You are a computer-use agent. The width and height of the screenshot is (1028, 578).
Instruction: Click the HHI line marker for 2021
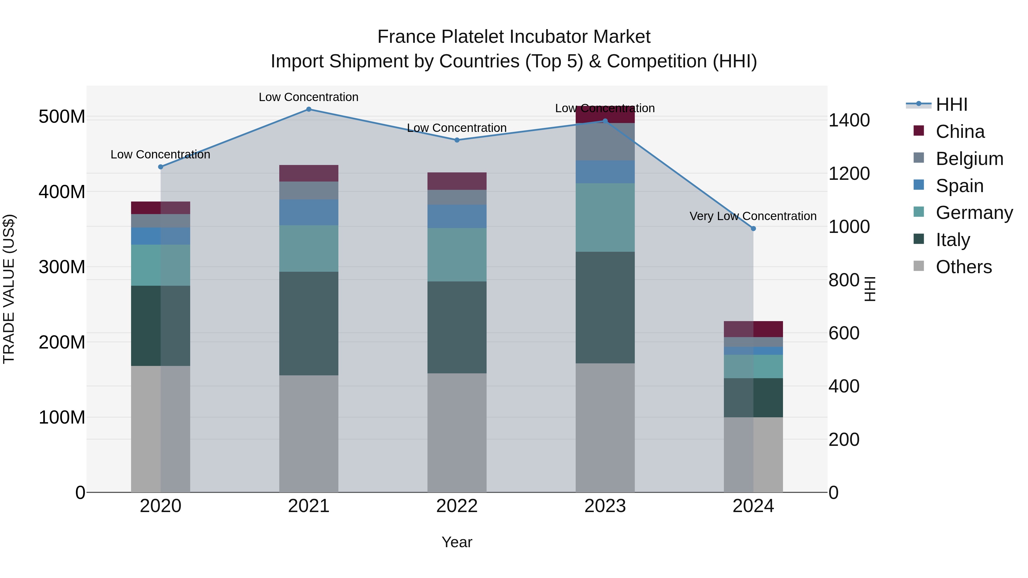[308, 109]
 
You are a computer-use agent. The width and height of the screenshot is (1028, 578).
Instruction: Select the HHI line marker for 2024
[753, 229]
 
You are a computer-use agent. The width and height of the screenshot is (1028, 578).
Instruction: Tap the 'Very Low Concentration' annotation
[753, 216]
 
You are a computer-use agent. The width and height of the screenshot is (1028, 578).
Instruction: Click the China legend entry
[960, 132]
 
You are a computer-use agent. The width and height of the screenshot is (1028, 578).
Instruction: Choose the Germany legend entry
[974, 213]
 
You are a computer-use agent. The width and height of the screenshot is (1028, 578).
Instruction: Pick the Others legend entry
[963, 267]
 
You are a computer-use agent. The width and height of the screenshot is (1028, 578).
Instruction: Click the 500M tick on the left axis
[62, 117]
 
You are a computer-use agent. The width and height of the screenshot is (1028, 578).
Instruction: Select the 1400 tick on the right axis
[849, 120]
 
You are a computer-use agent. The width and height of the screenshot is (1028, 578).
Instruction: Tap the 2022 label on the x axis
[457, 506]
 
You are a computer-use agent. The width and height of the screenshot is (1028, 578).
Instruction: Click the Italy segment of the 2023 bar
[605, 307]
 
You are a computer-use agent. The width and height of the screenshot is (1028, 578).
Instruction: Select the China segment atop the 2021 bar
[308, 173]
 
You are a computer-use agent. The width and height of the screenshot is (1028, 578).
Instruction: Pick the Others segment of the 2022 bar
[457, 432]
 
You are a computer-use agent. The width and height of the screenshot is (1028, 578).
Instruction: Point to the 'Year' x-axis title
[457, 542]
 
